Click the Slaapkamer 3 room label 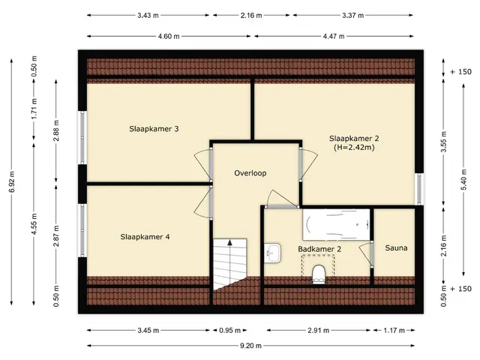point(154,129)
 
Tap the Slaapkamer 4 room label point(145,237)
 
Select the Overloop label point(250,173)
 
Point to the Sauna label point(396,248)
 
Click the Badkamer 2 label point(319,249)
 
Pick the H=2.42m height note point(354,148)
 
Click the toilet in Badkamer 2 point(318,274)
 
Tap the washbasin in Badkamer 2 point(273,253)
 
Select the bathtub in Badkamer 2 point(336,224)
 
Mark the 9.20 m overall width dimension point(250,346)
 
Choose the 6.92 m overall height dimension point(12,181)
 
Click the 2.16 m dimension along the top point(251,15)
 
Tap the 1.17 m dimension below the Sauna point(394,330)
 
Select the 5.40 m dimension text point(463,180)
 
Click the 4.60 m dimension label point(169,37)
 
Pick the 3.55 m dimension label point(444,142)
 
